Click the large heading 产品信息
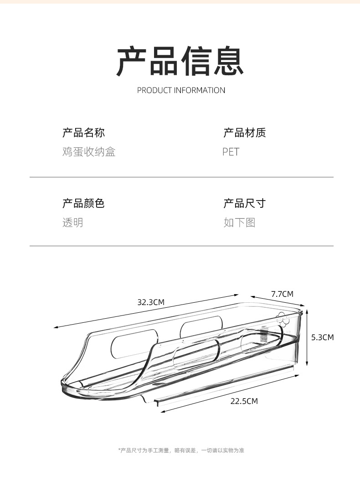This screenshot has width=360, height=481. pyautogui.click(x=180, y=62)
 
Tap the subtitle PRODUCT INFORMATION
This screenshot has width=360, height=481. pyautogui.click(x=181, y=90)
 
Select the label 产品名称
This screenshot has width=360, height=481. pyautogui.click(x=83, y=133)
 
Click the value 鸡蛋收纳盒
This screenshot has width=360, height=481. pyautogui.click(x=89, y=152)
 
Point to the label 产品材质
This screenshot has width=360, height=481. pyautogui.click(x=244, y=133)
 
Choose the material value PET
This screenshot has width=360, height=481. pyautogui.click(x=231, y=152)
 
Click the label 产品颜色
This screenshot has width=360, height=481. pyautogui.click(x=83, y=203)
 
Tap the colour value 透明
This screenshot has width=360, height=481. pyautogui.click(x=73, y=222)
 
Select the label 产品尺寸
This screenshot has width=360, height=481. pyautogui.click(x=244, y=203)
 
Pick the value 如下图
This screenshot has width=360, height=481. pyautogui.click(x=239, y=222)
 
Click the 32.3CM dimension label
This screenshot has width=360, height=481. pyautogui.click(x=151, y=302)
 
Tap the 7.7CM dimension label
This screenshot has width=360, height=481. pyautogui.click(x=282, y=294)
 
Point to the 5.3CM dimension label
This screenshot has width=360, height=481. pyautogui.click(x=322, y=337)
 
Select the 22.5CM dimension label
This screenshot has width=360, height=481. pyautogui.click(x=244, y=401)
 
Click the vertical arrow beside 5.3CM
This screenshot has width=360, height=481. pyautogui.click(x=308, y=337)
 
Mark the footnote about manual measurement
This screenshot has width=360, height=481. pyautogui.click(x=181, y=450)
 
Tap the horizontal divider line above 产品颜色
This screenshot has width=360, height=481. pyautogui.click(x=181, y=177)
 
